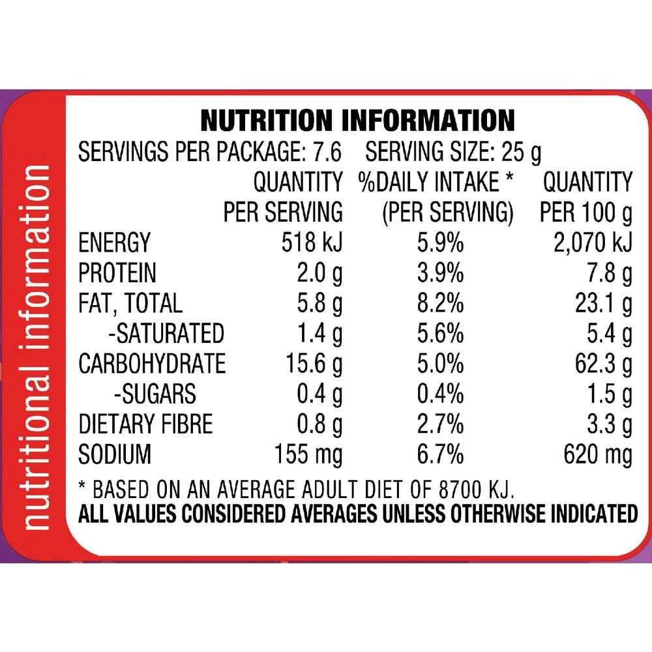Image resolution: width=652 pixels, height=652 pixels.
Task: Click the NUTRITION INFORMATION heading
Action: click(x=357, y=121)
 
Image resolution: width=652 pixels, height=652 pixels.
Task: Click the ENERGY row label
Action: click(x=114, y=243)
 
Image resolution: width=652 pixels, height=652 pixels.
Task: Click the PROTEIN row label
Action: click(x=117, y=273)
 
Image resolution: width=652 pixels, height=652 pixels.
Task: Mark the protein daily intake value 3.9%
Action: click(x=440, y=273)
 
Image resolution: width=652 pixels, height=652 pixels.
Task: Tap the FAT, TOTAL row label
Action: click(x=130, y=303)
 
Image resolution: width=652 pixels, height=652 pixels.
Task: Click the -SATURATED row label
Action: click(x=166, y=333)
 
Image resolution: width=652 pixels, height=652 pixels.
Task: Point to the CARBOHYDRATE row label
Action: click(x=152, y=363)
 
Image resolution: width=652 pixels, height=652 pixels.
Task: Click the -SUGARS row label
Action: click(x=155, y=393)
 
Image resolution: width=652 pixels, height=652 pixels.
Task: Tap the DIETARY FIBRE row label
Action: click(x=145, y=424)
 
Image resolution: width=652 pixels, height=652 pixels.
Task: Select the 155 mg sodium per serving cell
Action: click(x=309, y=454)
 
